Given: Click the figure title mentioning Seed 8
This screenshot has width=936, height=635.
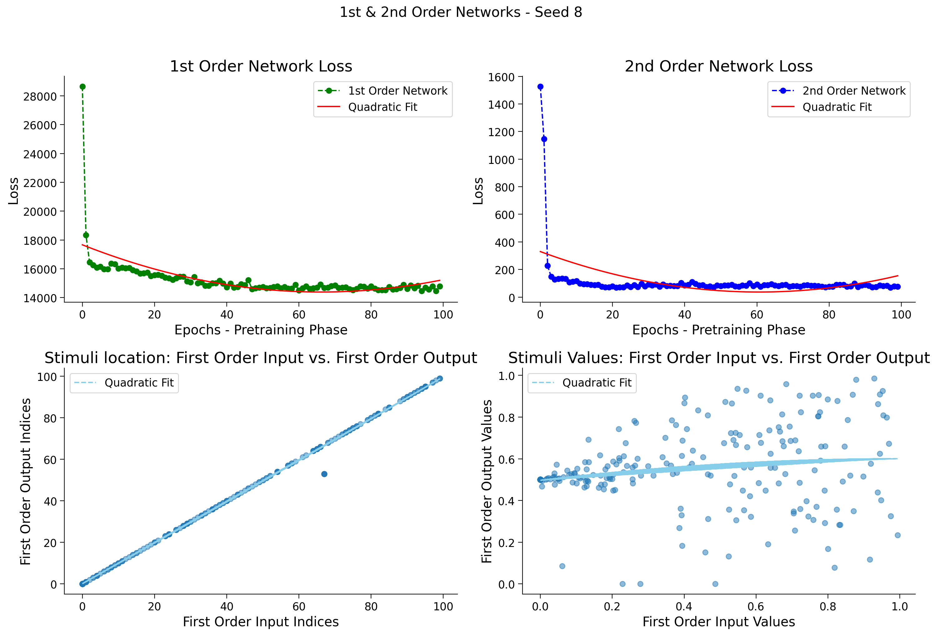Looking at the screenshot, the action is click(x=461, y=12).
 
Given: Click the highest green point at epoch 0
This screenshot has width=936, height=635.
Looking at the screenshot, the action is click(x=82, y=86).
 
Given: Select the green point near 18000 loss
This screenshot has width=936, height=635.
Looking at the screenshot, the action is click(x=86, y=235).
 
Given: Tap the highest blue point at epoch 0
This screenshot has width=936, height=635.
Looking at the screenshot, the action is click(x=541, y=86).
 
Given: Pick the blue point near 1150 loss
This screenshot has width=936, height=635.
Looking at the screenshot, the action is click(x=544, y=139).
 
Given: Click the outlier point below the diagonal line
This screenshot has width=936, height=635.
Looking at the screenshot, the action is click(x=324, y=474).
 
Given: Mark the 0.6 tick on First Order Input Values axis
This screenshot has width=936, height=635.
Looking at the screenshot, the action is click(x=756, y=606).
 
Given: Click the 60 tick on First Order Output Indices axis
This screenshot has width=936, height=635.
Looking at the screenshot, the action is click(x=50, y=460).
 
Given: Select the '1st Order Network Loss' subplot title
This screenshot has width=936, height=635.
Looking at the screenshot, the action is click(x=261, y=66).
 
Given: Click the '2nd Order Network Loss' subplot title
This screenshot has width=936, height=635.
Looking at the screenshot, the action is click(x=719, y=66).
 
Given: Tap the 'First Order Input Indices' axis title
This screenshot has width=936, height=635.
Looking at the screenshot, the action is click(x=261, y=622).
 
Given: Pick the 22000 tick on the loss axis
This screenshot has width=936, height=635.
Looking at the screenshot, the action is click(x=40, y=183).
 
